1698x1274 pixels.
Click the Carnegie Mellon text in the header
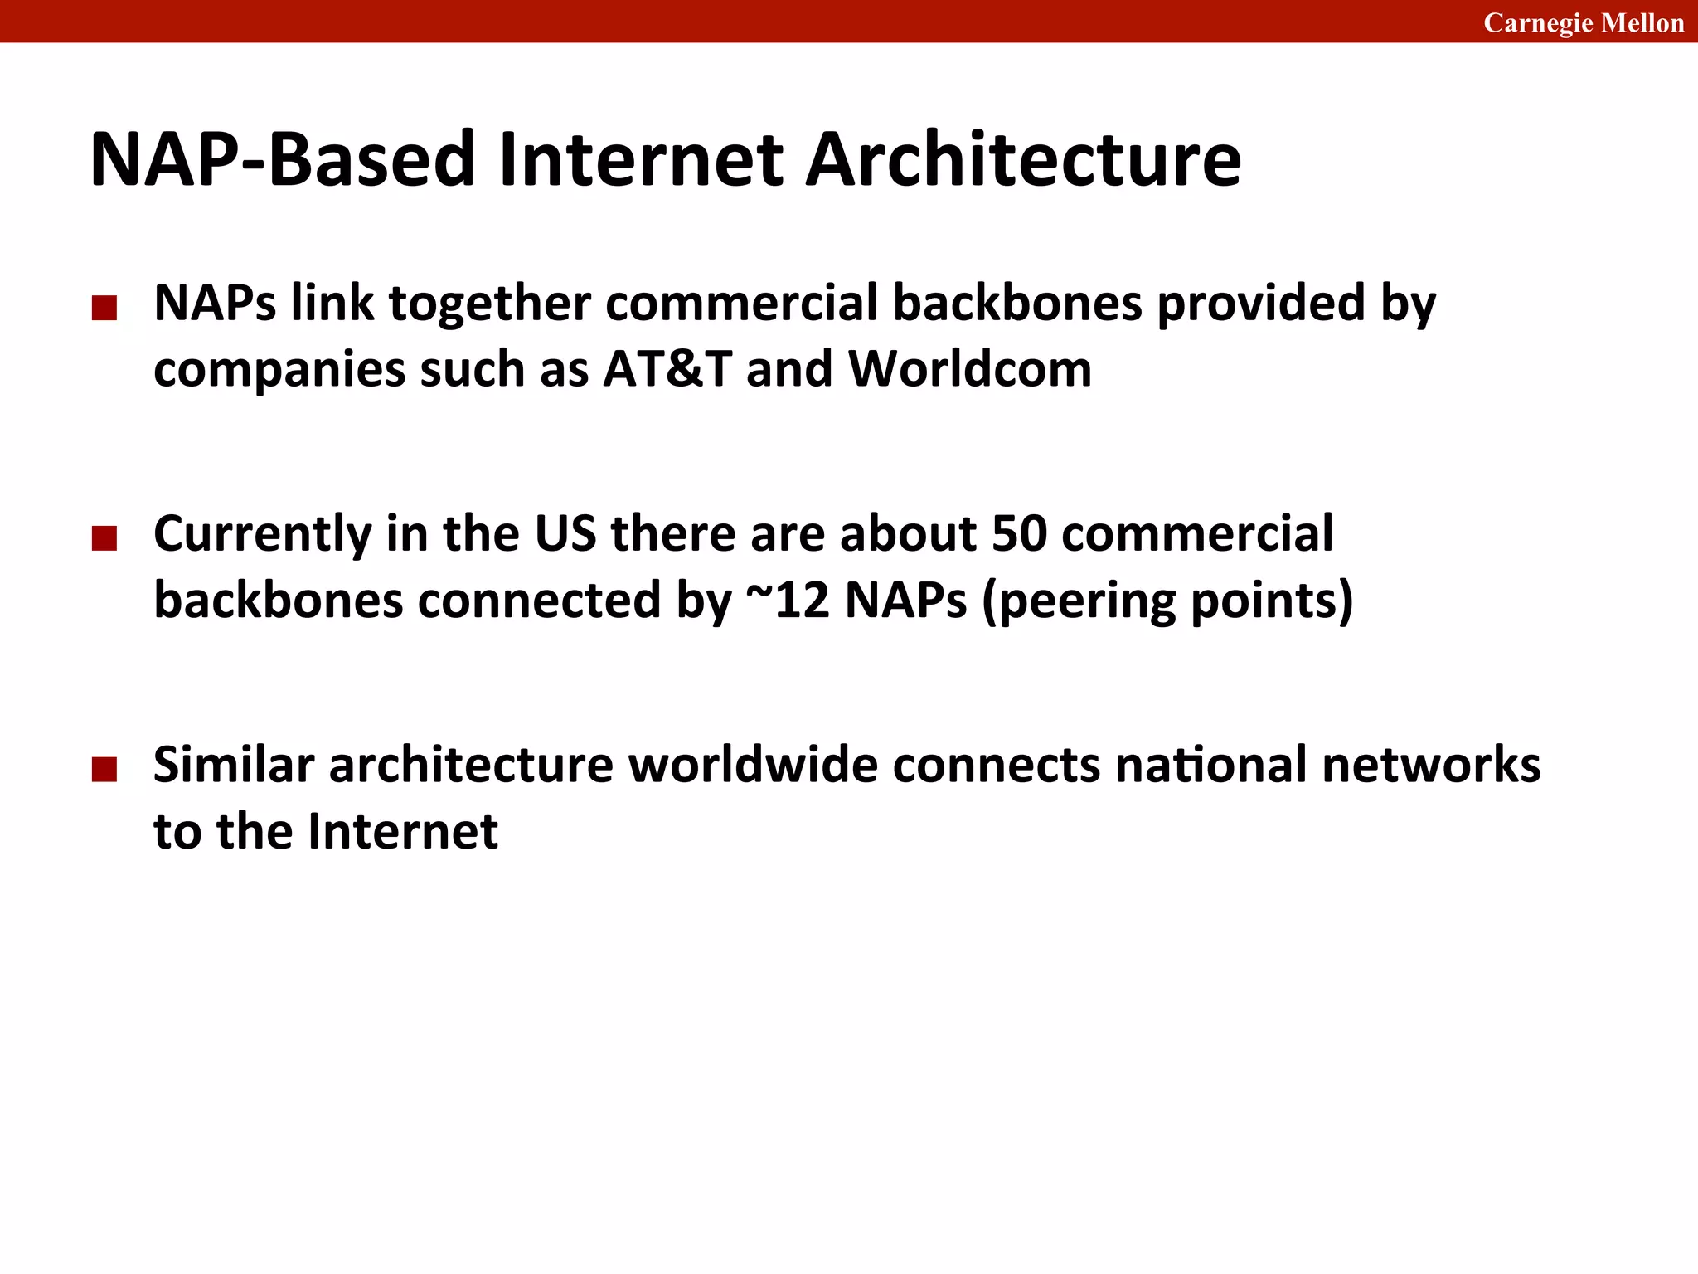[x=1584, y=22]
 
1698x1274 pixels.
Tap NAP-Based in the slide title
[x=282, y=159]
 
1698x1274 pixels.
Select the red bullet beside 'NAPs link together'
[x=104, y=309]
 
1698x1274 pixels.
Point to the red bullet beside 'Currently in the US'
[x=104, y=539]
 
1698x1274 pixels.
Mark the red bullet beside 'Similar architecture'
[x=104, y=770]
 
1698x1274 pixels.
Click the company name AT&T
[x=667, y=368]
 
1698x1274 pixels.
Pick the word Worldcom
[x=969, y=368]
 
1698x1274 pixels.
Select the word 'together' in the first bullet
[x=489, y=304]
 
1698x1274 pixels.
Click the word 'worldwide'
[x=752, y=764]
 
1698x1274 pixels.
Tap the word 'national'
[x=1210, y=764]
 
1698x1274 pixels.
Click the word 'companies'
[x=279, y=370]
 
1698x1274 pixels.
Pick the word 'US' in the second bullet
[x=565, y=533]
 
